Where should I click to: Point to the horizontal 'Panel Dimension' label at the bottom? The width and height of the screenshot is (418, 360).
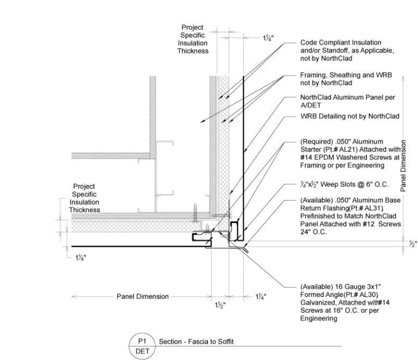coord(143,296)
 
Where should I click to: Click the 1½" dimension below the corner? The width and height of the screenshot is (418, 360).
coord(219,305)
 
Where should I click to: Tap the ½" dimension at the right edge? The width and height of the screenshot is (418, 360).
coord(412,244)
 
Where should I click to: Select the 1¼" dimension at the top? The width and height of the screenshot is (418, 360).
coord(268,38)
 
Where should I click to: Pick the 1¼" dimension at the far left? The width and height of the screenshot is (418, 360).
coord(83,259)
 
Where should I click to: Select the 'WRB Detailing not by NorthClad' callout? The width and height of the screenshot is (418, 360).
coord(350,116)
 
